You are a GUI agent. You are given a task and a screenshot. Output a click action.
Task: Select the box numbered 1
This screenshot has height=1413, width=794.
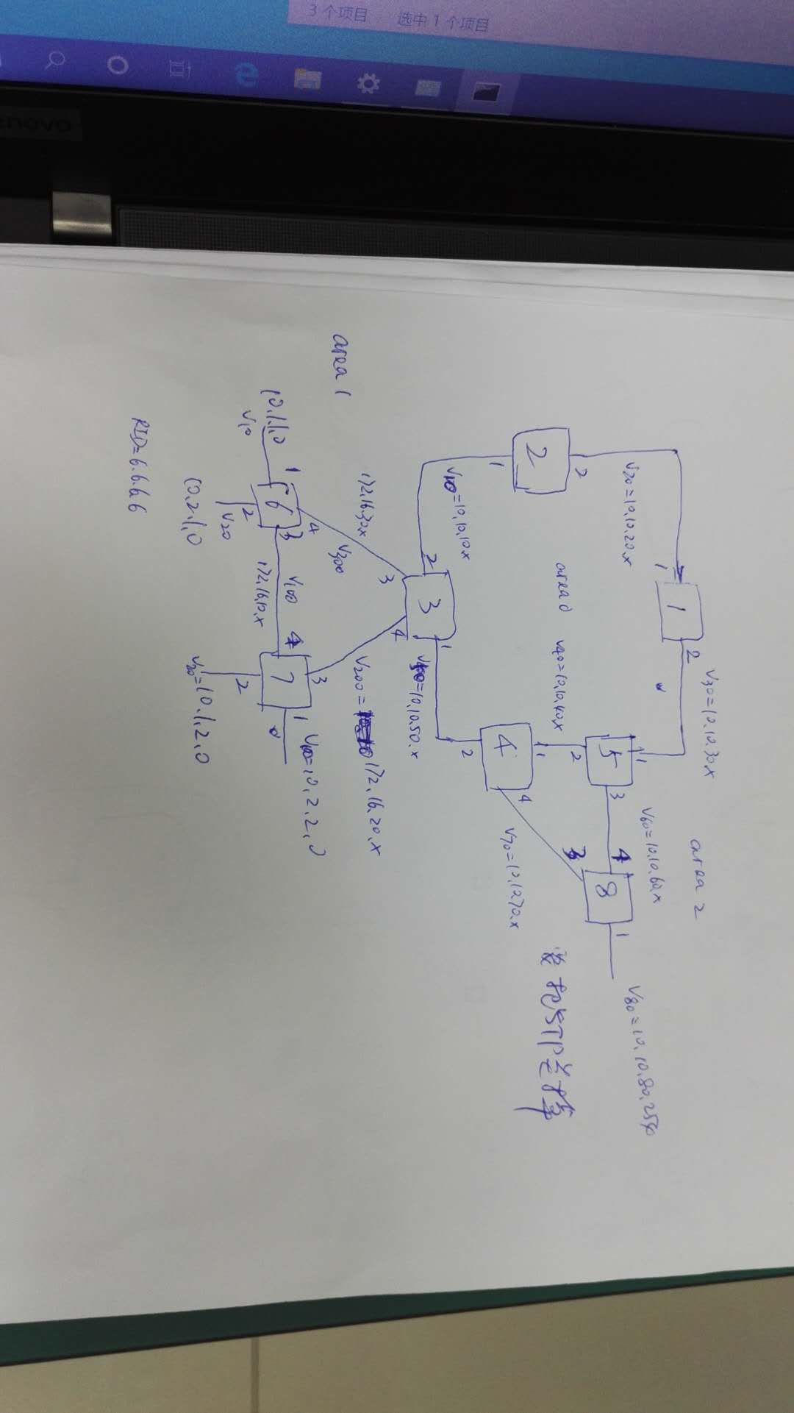[x=681, y=610]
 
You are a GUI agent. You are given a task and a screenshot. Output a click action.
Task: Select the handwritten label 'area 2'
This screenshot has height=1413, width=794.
[x=695, y=866]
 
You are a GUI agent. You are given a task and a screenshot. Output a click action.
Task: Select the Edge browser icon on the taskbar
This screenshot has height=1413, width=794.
[x=247, y=74]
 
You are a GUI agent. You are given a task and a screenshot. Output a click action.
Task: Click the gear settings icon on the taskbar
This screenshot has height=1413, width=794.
[x=368, y=82]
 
